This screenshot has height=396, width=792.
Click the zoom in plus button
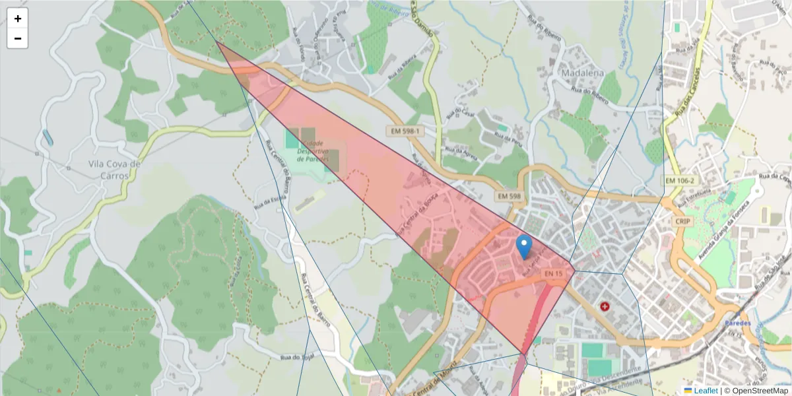pos(18,19)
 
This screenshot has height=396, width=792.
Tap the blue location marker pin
pos(523,247)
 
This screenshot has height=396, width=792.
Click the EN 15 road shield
pos(553,273)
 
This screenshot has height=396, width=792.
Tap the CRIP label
pos(682,222)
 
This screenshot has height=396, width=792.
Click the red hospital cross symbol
pos(605,306)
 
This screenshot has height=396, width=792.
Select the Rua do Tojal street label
pos(296,358)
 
